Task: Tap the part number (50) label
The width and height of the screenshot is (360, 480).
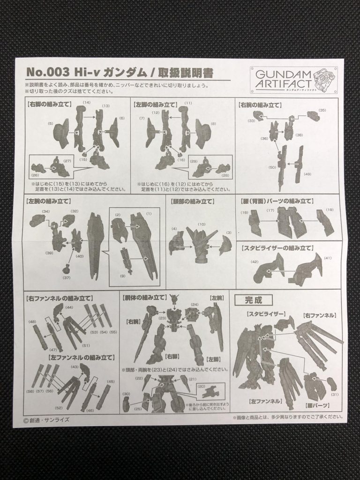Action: pyautogui.click(x=272, y=167)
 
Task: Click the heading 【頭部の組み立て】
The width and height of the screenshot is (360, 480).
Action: pyautogui.click(x=190, y=202)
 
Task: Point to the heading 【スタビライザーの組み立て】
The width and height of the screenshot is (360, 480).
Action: pyautogui.click(x=277, y=247)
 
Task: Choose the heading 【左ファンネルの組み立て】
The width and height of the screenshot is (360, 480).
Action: pyautogui.click(x=80, y=357)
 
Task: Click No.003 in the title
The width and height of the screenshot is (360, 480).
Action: pyautogui.click(x=46, y=73)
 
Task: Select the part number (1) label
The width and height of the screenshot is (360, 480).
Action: pyautogui.click(x=150, y=214)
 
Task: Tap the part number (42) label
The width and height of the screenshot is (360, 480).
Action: pyautogui.click(x=255, y=262)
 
